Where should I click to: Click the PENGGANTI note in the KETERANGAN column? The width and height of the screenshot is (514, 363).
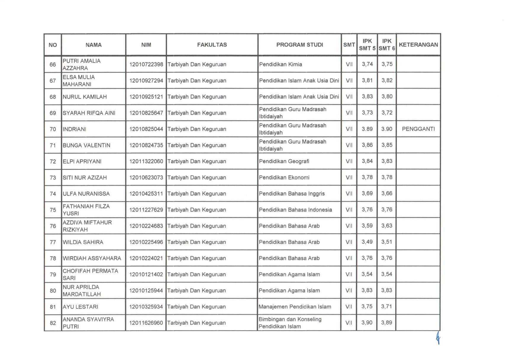tap(418, 129)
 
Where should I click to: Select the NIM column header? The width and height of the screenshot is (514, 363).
tap(146, 45)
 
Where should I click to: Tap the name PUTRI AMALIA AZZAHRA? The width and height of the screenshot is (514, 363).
tap(82, 64)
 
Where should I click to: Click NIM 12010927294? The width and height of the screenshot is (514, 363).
tap(146, 80)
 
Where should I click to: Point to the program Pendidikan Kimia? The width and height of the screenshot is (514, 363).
tap(281, 64)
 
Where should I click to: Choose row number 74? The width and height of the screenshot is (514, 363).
tap(53, 194)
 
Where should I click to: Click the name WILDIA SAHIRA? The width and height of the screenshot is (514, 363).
tap(83, 242)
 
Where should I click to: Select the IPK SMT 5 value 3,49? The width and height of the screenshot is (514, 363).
tap(367, 242)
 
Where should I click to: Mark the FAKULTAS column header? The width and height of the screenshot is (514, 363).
tap(212, 45)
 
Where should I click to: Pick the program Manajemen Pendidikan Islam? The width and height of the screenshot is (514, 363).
tap(295, 307)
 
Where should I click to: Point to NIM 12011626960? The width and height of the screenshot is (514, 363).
tap(146, 323)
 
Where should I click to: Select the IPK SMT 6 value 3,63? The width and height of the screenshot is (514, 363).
tap(387, 226)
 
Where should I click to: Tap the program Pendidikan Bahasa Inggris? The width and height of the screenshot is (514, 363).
tap(292, 194)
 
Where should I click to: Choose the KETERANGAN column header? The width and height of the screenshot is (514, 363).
tap(418, 45)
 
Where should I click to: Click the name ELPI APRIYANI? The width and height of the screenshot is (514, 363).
tap(82, 162)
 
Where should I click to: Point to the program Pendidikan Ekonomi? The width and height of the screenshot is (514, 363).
tap(284, 178)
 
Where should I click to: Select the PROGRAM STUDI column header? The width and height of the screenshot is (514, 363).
tap(299, 45)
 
